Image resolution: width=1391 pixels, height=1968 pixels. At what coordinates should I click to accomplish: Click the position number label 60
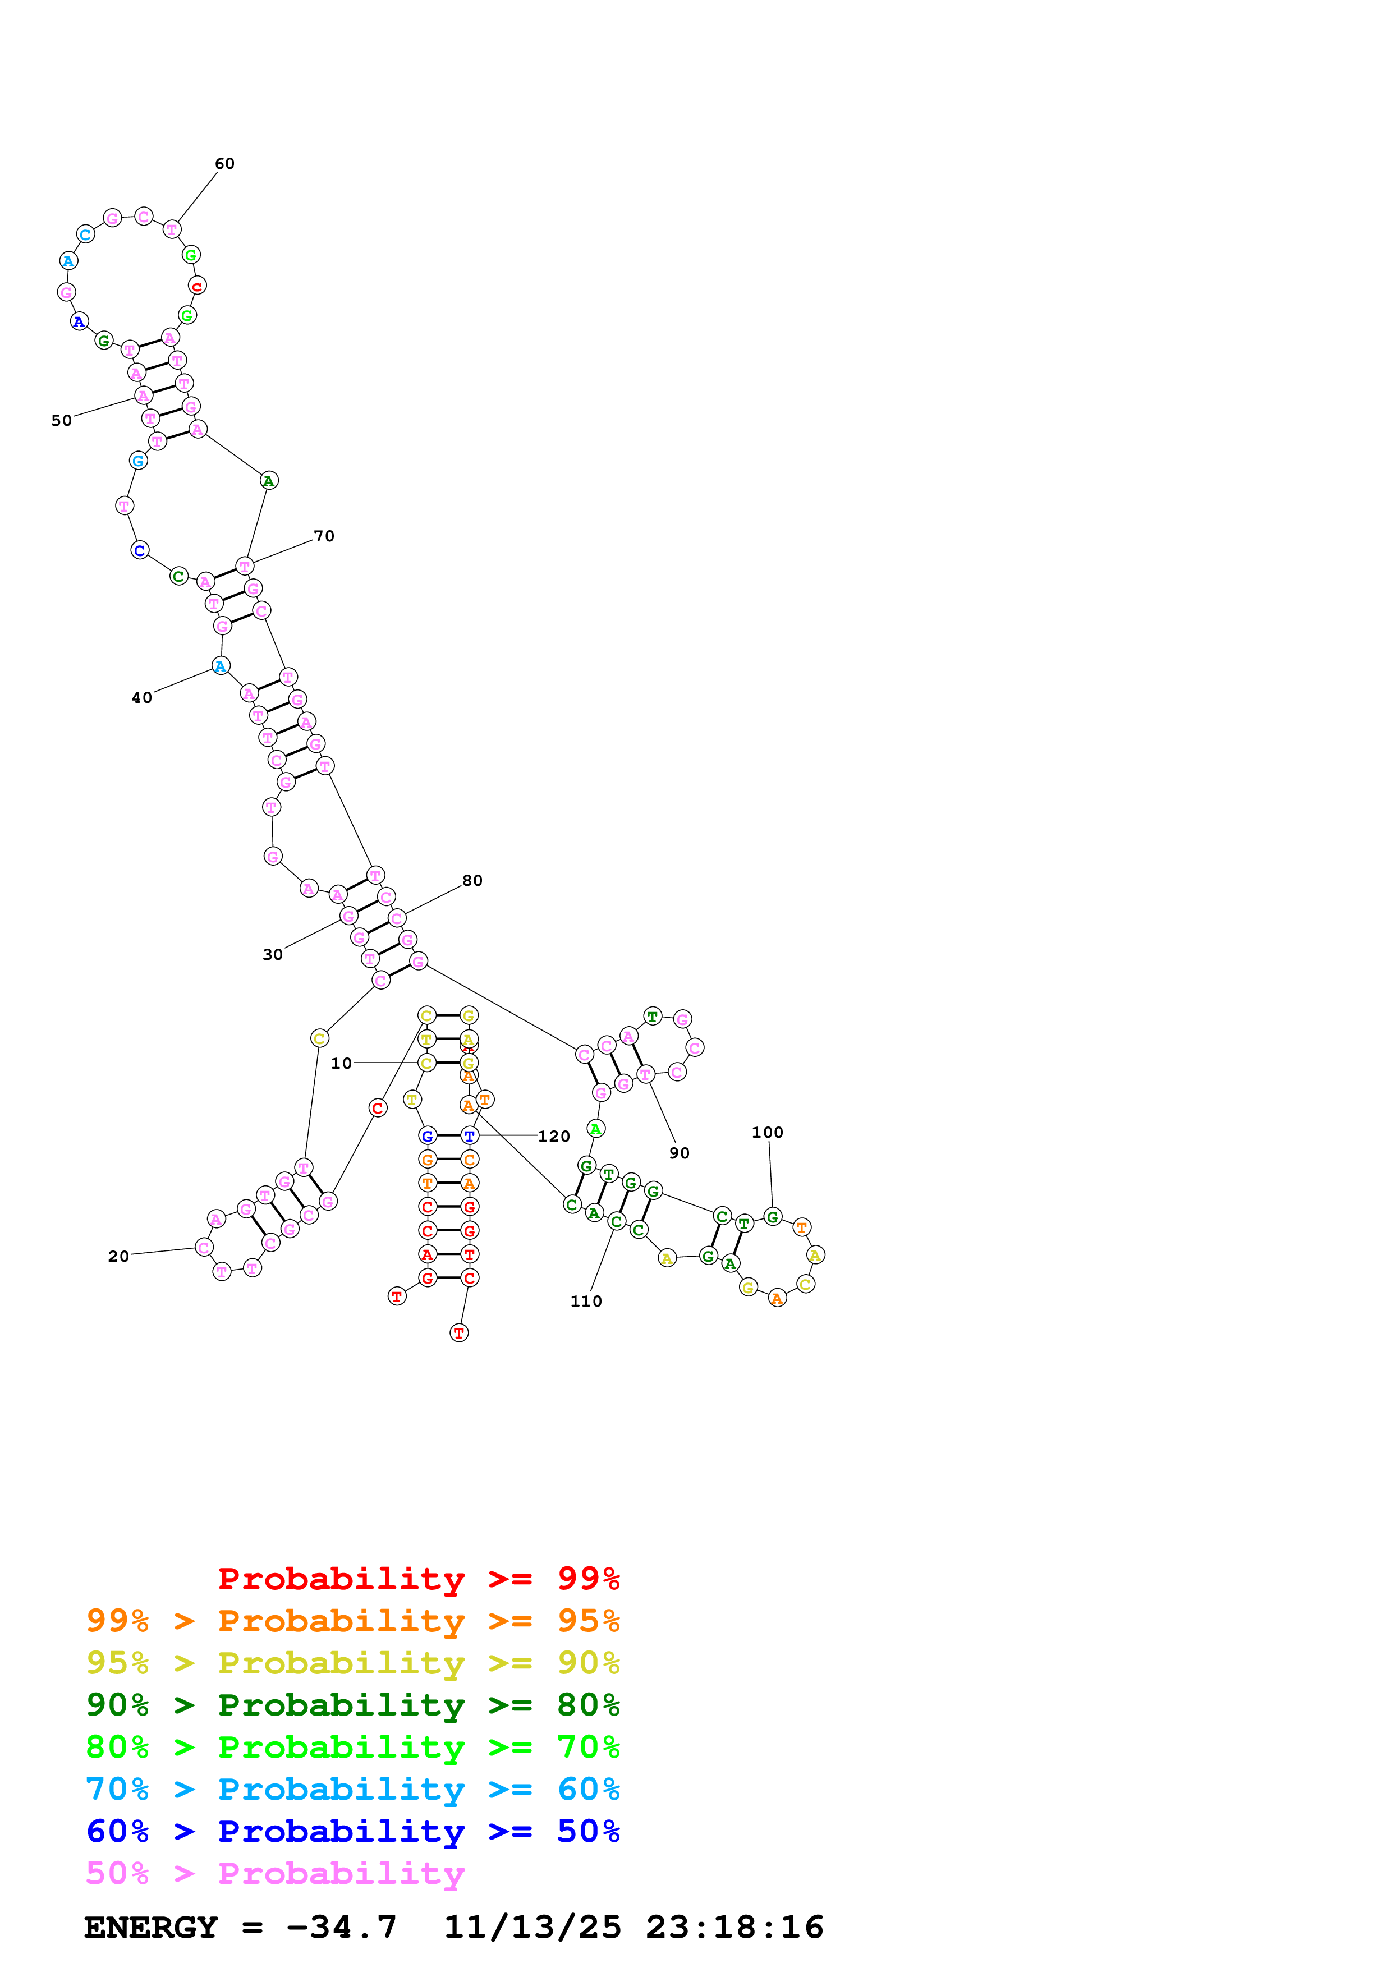(x=224, y=164)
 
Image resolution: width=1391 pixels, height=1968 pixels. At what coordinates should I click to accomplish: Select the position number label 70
(x=324, y=536)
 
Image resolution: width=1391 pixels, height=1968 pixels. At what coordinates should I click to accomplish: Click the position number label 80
(x=472, y=881)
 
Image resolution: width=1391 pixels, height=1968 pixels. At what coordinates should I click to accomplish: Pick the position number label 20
(x=119, y=1257)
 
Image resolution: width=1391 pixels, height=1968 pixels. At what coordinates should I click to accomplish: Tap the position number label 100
(x=767, y=1133)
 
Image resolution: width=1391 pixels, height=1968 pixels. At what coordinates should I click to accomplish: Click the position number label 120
(x=554, y=1137)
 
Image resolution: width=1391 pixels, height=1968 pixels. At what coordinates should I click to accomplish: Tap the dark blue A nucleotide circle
(x=79, y=322)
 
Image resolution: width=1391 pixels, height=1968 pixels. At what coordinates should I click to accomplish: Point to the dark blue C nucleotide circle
(x=140, y=550)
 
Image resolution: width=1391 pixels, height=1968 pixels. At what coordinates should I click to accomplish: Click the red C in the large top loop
(x=197, y=286)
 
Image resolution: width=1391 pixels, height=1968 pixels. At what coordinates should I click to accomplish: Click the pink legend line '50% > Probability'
(x=275, y=1874)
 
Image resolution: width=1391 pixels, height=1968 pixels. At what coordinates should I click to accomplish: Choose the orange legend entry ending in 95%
(x=353, y=1621)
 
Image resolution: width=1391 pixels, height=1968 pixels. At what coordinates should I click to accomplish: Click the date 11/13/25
(x=532, y=1928)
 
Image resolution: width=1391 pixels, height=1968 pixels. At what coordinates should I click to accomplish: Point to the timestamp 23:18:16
(x=734, y=1928)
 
